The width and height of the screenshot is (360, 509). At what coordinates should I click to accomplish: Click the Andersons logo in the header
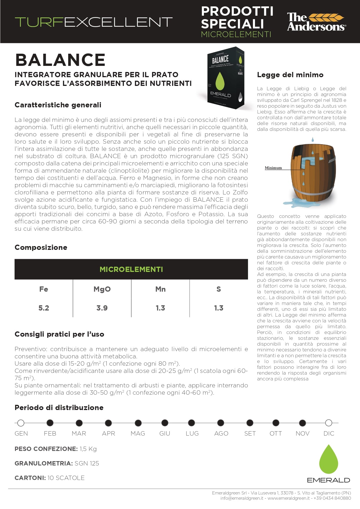click(x=316, y=22)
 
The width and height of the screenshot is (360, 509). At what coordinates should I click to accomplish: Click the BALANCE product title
click(x=60, y=60)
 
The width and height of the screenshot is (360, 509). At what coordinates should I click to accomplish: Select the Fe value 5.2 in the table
click(x=44, y=308)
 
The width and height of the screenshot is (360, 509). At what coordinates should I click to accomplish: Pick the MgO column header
click(x=102, y=289)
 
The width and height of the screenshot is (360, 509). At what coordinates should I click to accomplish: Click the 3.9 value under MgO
click(x=102, y=308)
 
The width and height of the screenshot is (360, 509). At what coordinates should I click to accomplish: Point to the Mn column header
click(x=160, y=289)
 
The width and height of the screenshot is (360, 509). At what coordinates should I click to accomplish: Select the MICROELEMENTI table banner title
click(x=131, y=269)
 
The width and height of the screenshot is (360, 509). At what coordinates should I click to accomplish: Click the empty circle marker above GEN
click(x=21, y=423)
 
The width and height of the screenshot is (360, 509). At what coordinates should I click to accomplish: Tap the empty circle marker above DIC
click(x=328, y=423)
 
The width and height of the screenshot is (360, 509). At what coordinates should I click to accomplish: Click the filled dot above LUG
click(x=191, y=423)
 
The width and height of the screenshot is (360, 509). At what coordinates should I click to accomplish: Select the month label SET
click(x=250, y=433)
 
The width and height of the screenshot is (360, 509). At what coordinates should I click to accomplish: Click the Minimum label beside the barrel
click(x=273, y=168)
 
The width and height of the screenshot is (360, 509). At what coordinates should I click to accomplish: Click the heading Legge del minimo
click(x=290, y=75)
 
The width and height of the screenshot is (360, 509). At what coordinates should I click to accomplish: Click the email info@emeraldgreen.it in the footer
click(x=242, y=498)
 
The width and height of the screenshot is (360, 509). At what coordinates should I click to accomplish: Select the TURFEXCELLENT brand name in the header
click(x=93, y=22)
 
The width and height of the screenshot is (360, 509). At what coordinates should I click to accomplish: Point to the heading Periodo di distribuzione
click(x=59, y=407)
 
